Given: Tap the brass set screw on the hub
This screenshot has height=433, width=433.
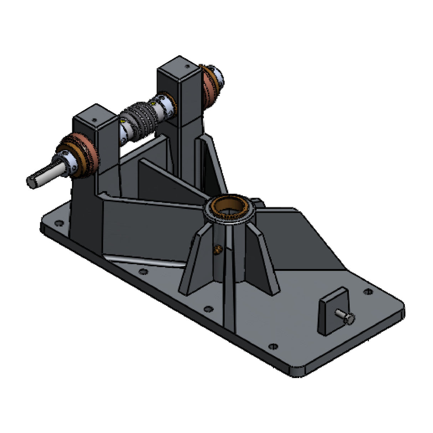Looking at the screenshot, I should point(216,249).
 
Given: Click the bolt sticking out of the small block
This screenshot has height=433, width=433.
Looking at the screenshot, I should point(345,316).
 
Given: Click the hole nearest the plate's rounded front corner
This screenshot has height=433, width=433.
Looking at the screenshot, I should point(273,346).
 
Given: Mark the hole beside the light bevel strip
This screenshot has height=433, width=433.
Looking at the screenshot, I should point(143,272).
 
